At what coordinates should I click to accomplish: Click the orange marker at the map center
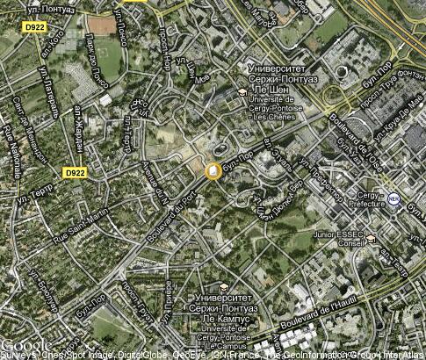[x=213, y=171]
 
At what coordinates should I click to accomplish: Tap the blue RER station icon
[x=394, y=199]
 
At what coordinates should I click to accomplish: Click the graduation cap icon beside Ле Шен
[x=242, y=91]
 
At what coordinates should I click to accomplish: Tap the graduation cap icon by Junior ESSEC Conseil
[x=372, y=239]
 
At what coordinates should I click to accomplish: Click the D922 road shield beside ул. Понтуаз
[x=34, y=27]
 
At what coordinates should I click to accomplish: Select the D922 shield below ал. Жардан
[x=75, y=172]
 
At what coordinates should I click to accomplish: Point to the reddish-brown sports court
[x=103, y=25]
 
